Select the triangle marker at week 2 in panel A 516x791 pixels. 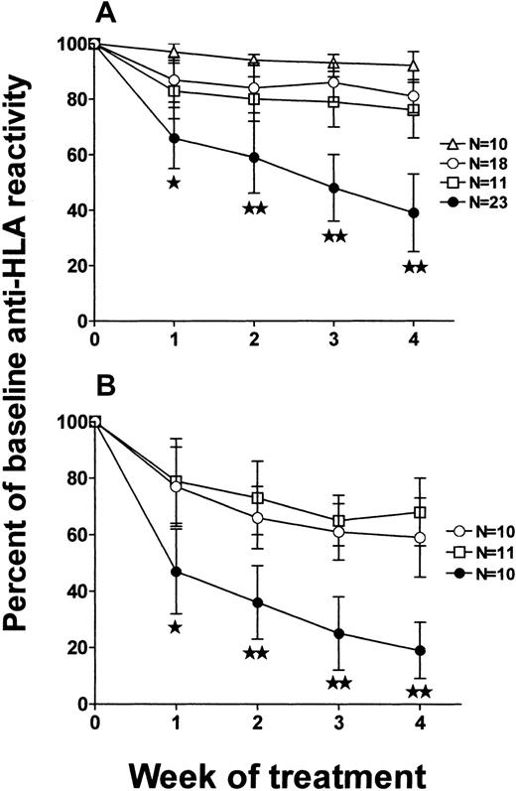(x=255, y=61)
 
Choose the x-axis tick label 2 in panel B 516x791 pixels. (x=255, y=722)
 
